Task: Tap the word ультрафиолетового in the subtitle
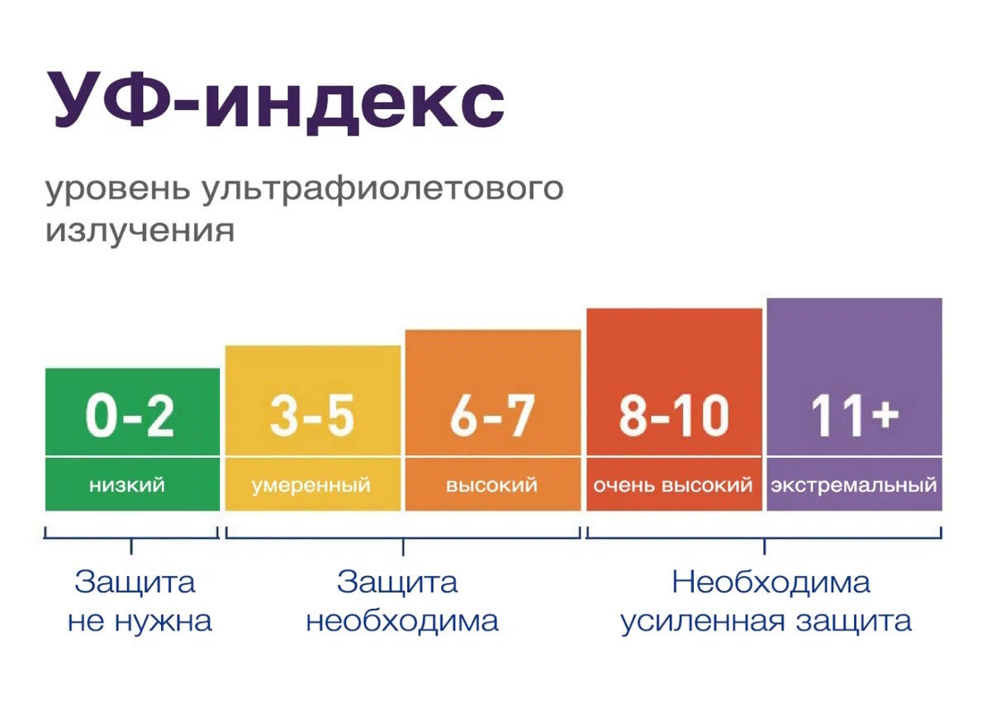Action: coord(382,190)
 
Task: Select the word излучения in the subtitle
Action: coord(140,230)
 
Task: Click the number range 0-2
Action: coord(131,416)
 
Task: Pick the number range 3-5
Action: coord(312,416)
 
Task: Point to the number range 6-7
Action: coord(492,416)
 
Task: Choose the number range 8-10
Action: coord(673,416)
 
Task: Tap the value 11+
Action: coord(854,416)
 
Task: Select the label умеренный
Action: coord(311,485)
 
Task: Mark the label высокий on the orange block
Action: coord(491,485)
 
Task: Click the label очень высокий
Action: coord(673,485)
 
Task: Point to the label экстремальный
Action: coord(854,485)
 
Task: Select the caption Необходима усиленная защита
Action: coord(766,602)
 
